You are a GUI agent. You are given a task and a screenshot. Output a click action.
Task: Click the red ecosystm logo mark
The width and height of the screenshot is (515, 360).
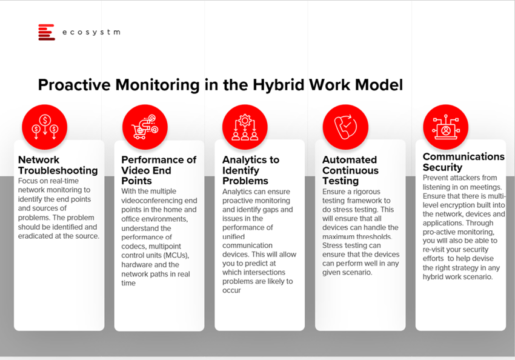coord(46,32)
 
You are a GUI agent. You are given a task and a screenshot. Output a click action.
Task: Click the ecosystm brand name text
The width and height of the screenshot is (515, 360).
coord(91,32)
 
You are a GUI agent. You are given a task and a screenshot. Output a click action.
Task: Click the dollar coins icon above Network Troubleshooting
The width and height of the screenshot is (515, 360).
coord(45,127)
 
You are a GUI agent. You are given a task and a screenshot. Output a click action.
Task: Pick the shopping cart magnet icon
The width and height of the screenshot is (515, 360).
coord(145,127)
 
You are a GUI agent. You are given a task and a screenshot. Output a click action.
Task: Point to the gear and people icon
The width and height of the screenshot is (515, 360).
coord(245,127)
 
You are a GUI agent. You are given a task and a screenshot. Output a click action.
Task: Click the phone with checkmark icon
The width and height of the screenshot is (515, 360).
coord(345,127)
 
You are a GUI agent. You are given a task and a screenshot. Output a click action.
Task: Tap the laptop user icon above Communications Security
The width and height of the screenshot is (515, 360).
coord(446,127)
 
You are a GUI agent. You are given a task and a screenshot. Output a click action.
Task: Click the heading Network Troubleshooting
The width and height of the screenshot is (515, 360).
coord(58,165)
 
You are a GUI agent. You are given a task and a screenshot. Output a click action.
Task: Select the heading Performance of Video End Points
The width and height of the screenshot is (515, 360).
coord(159,170)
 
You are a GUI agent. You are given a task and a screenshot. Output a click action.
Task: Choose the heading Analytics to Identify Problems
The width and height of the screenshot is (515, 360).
coord(251,170)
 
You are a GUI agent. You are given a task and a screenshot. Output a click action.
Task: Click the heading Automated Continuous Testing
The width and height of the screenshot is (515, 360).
coord(350,170)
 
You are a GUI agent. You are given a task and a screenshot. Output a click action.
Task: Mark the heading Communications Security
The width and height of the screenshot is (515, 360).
coord(463,162)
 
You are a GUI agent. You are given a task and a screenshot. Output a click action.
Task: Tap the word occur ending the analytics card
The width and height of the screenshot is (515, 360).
coord(231,290)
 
